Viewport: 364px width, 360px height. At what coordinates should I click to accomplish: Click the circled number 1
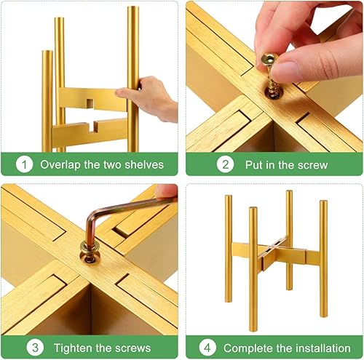click(24, 164)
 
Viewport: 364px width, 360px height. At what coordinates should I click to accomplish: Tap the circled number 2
click(226, 164)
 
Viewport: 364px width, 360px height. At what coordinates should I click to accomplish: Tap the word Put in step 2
click(250, 164)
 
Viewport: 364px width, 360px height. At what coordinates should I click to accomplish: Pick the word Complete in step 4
click(248, 348)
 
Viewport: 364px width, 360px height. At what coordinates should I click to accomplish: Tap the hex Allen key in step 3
click(102, 218)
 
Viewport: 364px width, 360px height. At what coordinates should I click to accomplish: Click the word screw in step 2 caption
click(311, 164)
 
